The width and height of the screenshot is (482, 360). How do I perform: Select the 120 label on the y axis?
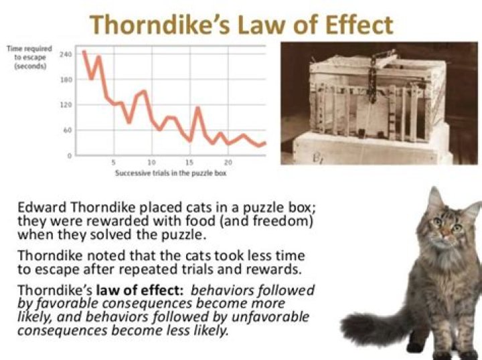click(x=66, y=105)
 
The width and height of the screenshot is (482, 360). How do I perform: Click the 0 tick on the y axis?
click(x=69, y=155)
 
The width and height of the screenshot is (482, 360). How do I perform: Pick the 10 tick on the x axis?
click(x=151, y=163)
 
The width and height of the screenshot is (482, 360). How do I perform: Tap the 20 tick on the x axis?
click(x=228, y=163)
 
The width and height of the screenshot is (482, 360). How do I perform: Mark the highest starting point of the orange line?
click(x=84, y=52)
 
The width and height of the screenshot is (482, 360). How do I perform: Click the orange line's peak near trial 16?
click(x=197, y=108)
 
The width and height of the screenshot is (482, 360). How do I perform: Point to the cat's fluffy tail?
click(x=365, y=328)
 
